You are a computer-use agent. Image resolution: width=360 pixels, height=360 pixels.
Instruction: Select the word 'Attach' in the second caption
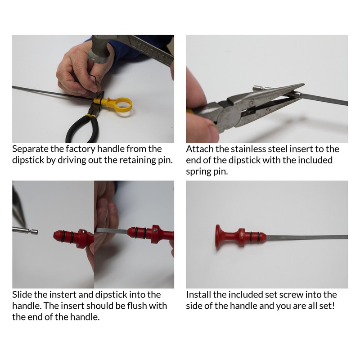click(198, 149)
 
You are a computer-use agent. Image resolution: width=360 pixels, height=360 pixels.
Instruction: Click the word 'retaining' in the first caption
click(136, 160)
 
